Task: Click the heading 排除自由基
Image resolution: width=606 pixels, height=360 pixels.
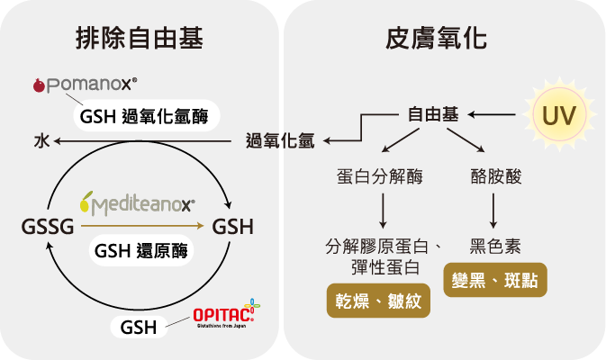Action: point(140,39)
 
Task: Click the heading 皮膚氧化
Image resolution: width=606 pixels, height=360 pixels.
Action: point(436,39)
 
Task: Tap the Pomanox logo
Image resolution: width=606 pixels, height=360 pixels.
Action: point(85,85)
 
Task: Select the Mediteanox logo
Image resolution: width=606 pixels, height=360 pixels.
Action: point(137,202)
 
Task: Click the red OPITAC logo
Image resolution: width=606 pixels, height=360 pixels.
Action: point(227,314)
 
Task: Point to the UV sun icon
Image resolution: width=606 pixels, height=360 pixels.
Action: point(559,114)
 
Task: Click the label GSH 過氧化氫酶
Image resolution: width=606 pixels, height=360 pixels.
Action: point(147,116)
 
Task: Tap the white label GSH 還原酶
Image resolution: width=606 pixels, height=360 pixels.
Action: point(141,251)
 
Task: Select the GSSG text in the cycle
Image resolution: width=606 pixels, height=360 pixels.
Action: point(48,227)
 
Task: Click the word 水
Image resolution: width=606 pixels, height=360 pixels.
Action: point(41,141)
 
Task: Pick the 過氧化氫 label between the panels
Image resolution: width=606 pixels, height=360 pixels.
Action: point(280,141)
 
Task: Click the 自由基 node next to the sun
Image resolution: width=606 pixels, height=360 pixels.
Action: point(433,114)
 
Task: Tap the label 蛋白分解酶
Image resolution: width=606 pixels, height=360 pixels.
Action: point(380,177)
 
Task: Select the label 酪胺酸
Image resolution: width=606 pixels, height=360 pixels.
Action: point(496,177)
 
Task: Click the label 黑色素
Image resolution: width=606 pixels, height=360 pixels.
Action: point(495,247)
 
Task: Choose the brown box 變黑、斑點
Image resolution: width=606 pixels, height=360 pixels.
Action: point(495,280)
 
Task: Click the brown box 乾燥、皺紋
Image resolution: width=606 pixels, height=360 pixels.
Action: point(378,301)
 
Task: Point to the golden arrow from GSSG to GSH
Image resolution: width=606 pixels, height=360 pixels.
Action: point(142,226)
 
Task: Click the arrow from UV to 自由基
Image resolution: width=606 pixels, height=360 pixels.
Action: point(492,114)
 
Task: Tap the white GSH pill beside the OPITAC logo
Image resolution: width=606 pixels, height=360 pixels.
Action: point(139,328)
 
